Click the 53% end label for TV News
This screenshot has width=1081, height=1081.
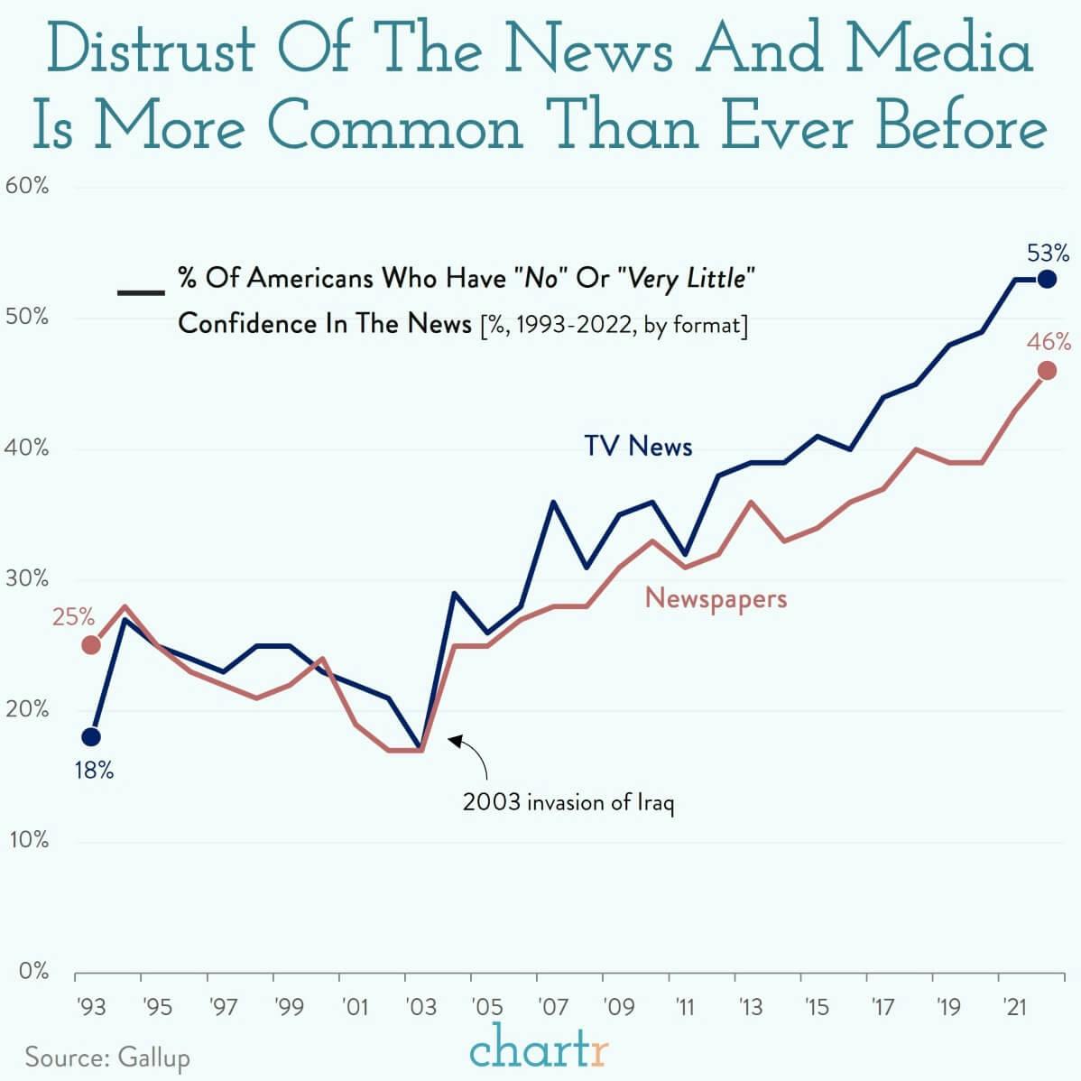(1048, 252)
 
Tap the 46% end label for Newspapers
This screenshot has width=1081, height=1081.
(1049, 342)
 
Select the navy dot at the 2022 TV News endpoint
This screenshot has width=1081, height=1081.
(1047, 279)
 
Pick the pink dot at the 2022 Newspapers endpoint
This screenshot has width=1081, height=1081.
(1047, 370)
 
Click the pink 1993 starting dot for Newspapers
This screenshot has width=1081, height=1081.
(91, 644)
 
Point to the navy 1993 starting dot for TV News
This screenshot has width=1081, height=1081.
(91, 737)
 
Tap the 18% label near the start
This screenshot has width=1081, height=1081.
(94, 771)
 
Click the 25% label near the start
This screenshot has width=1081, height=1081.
(73, 617)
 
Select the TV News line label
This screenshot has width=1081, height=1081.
(638, 446)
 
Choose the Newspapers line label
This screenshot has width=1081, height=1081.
(716, 598)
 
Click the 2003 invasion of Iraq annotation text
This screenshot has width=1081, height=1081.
(568, 802)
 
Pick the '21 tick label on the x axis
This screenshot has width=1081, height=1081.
(1014, 1007)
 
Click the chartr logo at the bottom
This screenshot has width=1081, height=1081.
(540, 1049)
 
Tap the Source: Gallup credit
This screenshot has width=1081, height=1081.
(107, 1057)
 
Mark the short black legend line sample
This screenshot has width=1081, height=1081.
(141, 292)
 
